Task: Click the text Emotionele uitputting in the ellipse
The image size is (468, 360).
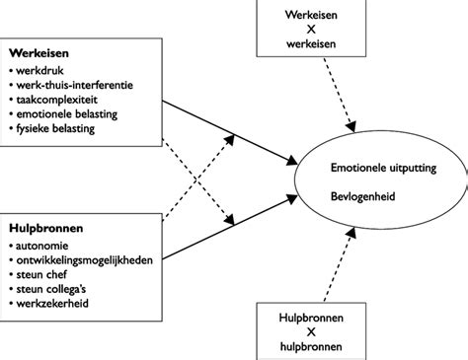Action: tap(382, 169)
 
